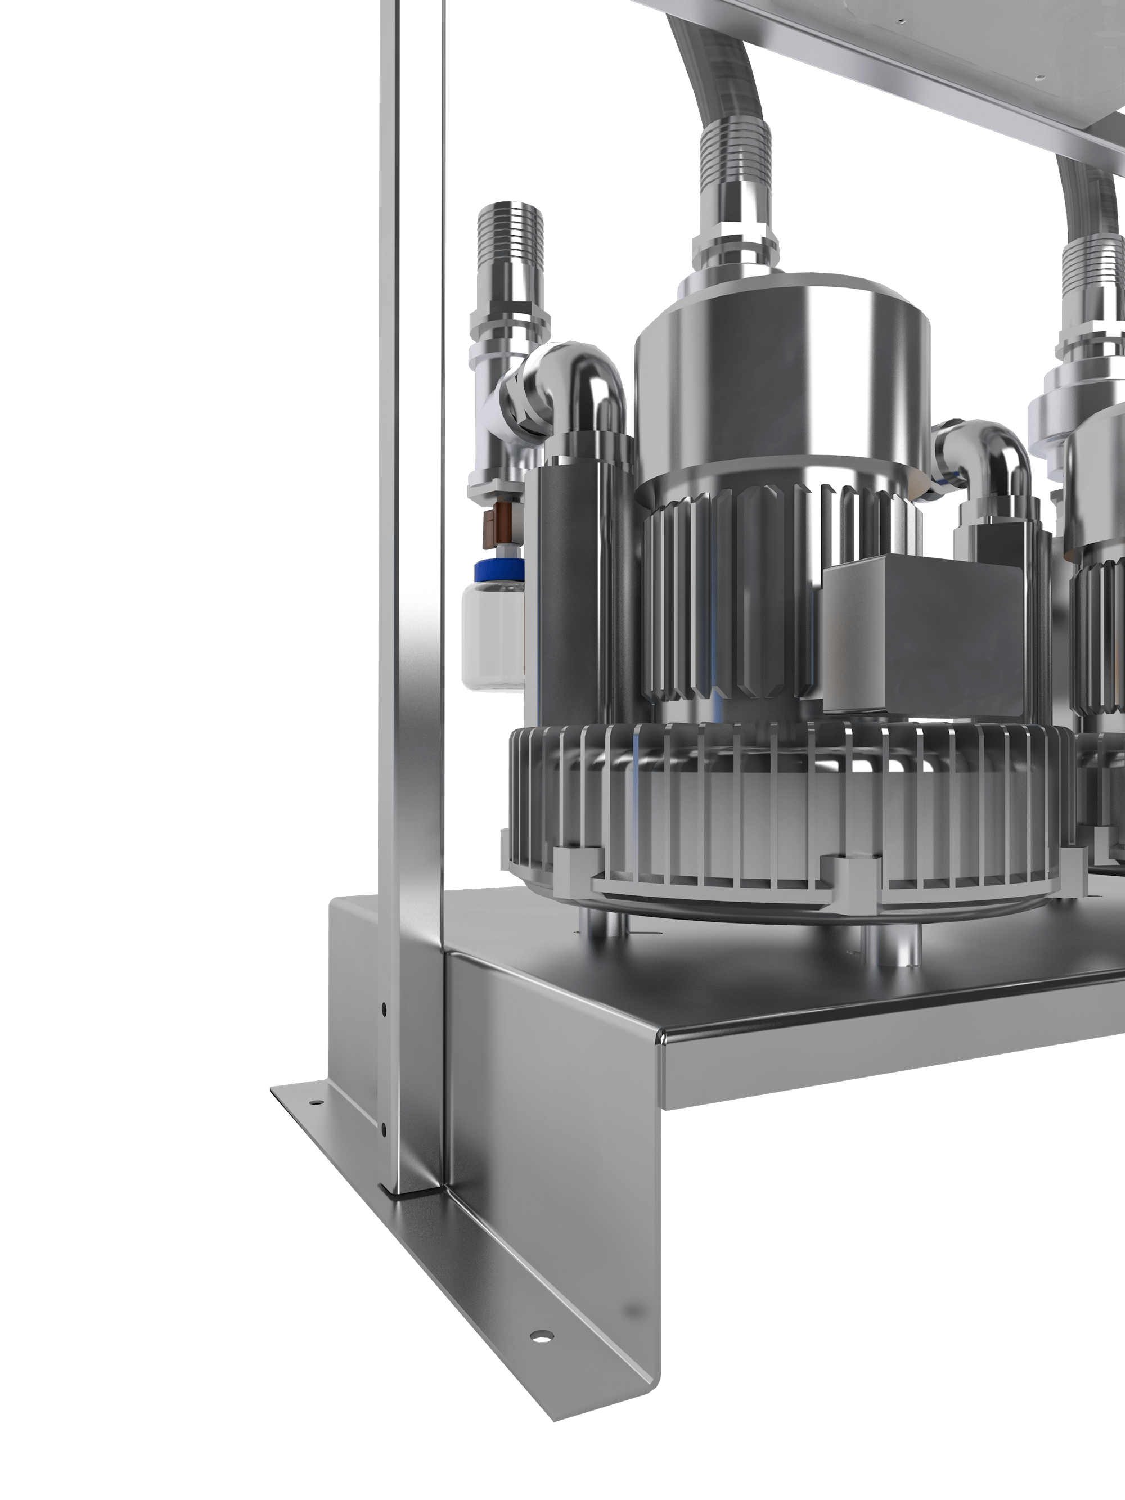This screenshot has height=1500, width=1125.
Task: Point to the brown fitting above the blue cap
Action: [x=498, y=525]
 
